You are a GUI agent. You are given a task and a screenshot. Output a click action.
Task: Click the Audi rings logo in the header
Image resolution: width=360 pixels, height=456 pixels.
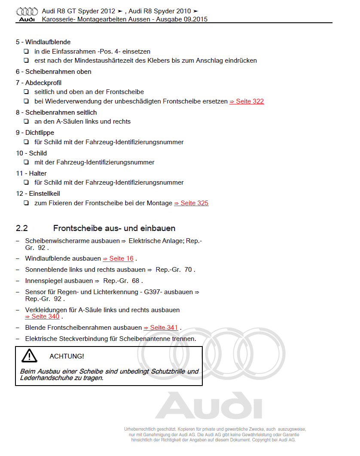click(27, 11)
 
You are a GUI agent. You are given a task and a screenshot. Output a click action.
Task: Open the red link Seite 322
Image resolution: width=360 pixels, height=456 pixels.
click(247, 101)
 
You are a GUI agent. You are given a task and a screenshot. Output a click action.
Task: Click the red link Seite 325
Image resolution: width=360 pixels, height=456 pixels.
click(191, 203)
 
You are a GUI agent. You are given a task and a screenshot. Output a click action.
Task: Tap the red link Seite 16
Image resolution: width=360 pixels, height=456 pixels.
click(118, 258)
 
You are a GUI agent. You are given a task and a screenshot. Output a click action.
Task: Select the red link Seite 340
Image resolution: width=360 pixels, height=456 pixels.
click(42, 316)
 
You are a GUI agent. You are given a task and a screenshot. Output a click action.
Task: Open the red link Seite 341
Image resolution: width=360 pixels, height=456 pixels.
click(161, 328)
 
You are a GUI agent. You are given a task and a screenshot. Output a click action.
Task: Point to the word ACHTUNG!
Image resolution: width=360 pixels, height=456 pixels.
click(67, 356)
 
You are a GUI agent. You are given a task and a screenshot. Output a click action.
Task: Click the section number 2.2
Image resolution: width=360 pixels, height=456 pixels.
click(22, 228)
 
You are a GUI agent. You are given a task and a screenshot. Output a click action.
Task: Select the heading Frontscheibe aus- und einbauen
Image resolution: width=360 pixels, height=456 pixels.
click(114, 228)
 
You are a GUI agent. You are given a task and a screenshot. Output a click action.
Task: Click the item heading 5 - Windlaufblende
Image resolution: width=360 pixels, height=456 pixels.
click(43, 42)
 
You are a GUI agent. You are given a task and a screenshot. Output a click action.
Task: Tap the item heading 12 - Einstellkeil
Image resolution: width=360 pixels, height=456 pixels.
click(38, 194)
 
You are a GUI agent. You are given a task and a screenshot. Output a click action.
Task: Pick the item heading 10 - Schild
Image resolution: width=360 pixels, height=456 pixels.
click(31, 153)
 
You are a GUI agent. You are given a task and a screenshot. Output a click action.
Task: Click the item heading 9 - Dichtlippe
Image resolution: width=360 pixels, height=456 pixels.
click(35, 133)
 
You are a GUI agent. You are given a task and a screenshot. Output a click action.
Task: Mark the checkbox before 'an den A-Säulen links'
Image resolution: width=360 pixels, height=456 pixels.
click(26, 122)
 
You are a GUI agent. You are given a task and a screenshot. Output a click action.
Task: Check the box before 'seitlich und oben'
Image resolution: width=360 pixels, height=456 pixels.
click(26, 92)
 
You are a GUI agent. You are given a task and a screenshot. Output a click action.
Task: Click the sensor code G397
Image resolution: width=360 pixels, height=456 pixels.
click(153, 292)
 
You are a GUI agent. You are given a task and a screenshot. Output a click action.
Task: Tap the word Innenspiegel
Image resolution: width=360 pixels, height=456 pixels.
click(44, 281)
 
